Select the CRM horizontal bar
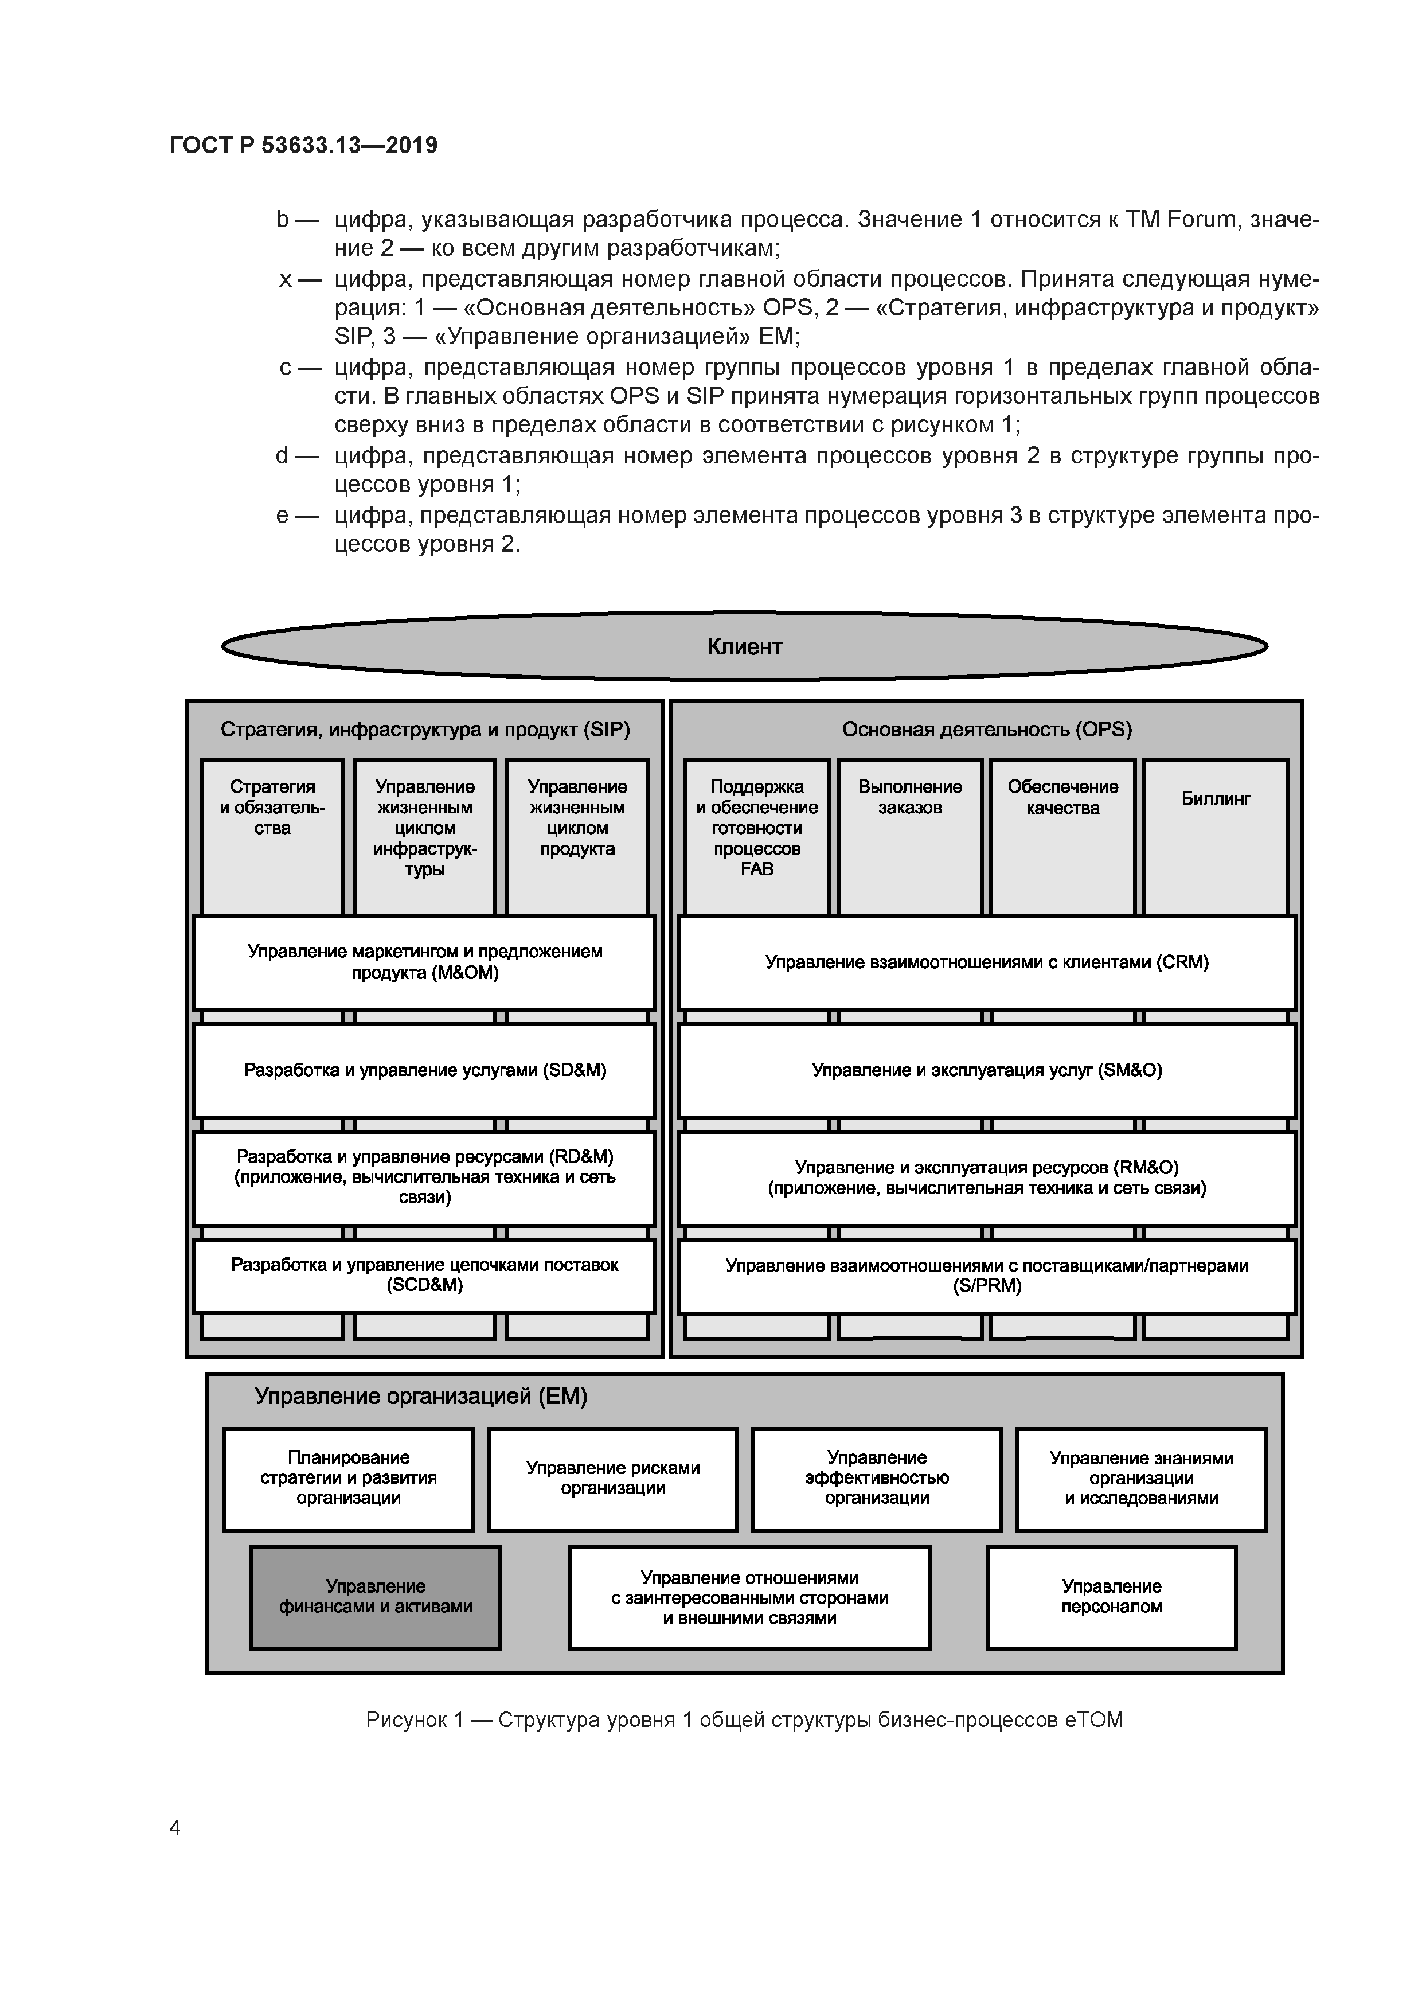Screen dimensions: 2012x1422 point(987,962)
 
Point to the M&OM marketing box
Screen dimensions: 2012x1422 point(424,962)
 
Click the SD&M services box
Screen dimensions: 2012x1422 point(424,1070)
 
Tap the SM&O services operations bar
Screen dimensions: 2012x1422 point(987,1070)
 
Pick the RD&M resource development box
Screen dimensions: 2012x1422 point(424,1177)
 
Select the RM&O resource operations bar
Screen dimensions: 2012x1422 point(987,1177)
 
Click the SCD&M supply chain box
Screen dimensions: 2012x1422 point(424,1275)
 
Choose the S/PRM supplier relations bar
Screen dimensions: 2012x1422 point(987,1275)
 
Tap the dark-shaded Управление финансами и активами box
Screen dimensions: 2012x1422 point(375,1597)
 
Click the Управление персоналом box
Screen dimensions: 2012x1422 point(1111,1597)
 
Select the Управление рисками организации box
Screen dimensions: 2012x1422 point(612,1479)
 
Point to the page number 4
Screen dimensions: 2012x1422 point(174,1828)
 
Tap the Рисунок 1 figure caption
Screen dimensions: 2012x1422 point(744,1720)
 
